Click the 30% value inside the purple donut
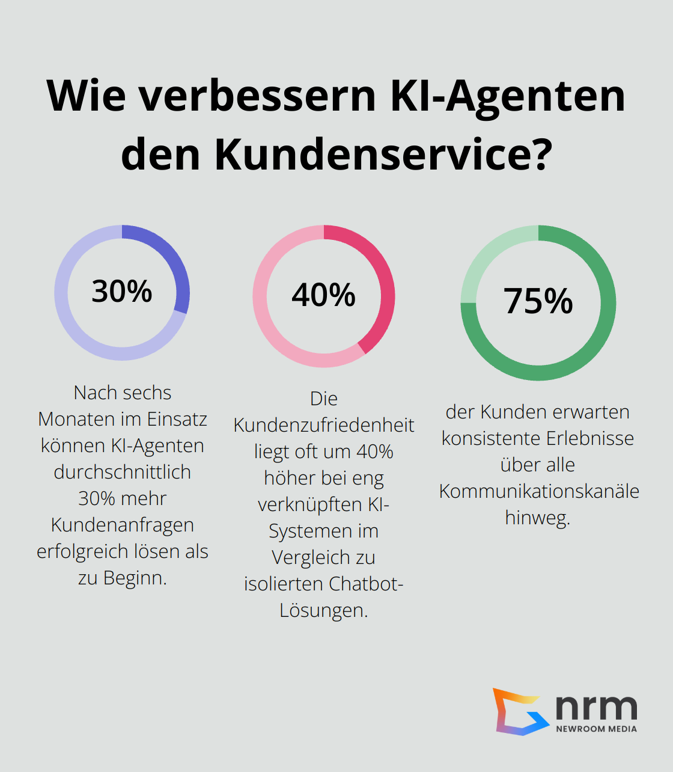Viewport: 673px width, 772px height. point(122,291)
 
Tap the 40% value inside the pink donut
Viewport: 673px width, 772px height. point(323,295)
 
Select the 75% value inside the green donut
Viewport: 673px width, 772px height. point(538,301)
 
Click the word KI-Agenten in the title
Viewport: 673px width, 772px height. point(508,96)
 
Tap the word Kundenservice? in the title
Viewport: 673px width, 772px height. point(383,154)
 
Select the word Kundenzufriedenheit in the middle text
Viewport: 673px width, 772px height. point(323,425)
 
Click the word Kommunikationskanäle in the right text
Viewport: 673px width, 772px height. point(539,491)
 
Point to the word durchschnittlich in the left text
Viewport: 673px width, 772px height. point(122,472)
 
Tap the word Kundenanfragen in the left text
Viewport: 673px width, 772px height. point(122,525)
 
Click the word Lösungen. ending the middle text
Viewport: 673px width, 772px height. point(323,610)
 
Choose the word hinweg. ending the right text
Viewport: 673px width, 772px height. point(537,518)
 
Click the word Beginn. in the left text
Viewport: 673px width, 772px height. point(135,578)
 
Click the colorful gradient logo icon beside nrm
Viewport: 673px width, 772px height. point(518,711)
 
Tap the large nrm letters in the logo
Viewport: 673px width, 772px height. point(595,708)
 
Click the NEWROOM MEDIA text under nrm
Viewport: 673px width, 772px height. point(596,729)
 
